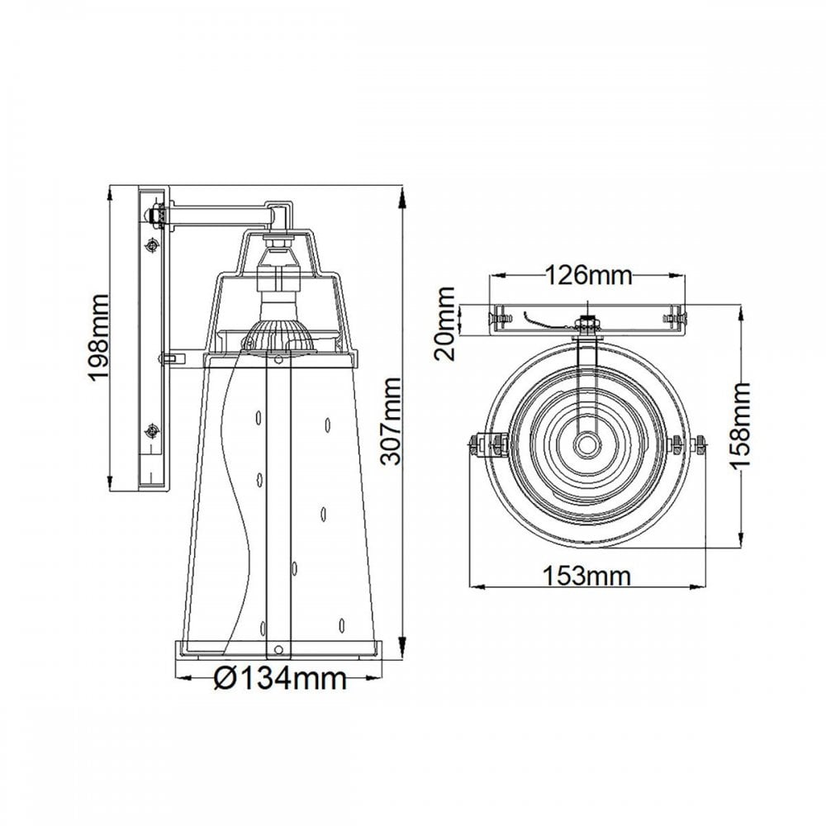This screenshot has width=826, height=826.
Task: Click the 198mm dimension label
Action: [x=98, y=337]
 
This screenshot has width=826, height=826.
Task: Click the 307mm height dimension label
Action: [x=391, y=421]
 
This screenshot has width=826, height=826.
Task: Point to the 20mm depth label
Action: [x=444, y=323]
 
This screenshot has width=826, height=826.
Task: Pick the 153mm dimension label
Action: [x=586, y=576]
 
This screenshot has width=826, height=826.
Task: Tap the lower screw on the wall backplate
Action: [x=153, y=431]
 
